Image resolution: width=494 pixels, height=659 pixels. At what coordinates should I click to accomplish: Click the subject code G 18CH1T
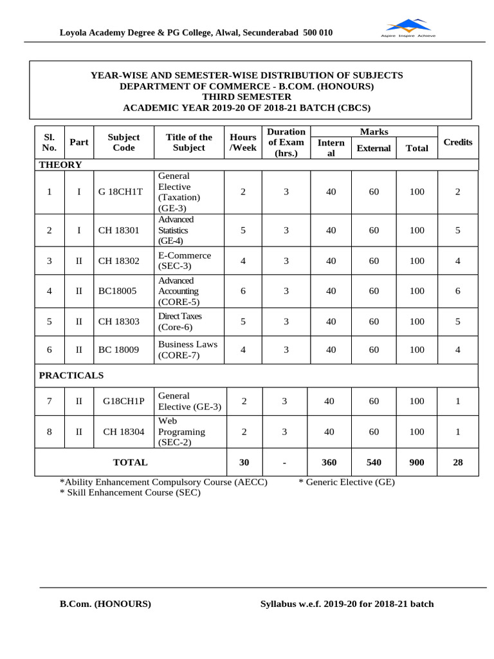click(120, 192)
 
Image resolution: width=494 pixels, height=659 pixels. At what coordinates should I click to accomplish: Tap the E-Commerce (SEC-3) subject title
click(184, 261)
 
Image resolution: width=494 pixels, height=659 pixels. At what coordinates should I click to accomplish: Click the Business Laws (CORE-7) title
click(188, 349)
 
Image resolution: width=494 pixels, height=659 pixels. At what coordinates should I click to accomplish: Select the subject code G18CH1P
click(123, 401)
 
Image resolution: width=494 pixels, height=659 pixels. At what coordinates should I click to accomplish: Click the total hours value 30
click(244, 462)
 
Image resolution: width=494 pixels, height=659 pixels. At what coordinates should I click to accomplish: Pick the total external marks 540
click(374, 462)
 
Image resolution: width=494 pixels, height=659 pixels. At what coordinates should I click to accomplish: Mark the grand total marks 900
click(417, 462)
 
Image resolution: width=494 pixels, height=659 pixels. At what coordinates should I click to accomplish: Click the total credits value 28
click(457, 462)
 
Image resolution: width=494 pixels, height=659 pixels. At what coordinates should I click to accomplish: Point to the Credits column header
click(458, 142)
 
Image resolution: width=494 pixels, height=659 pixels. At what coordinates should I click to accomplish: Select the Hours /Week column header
click(243, 142)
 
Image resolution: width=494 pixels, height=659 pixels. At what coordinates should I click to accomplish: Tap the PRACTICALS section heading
click(71, 375)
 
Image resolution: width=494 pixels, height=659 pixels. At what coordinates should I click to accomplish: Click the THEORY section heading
click(60, 165)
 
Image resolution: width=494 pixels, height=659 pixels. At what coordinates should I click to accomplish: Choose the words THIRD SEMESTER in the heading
click(246, 97)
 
